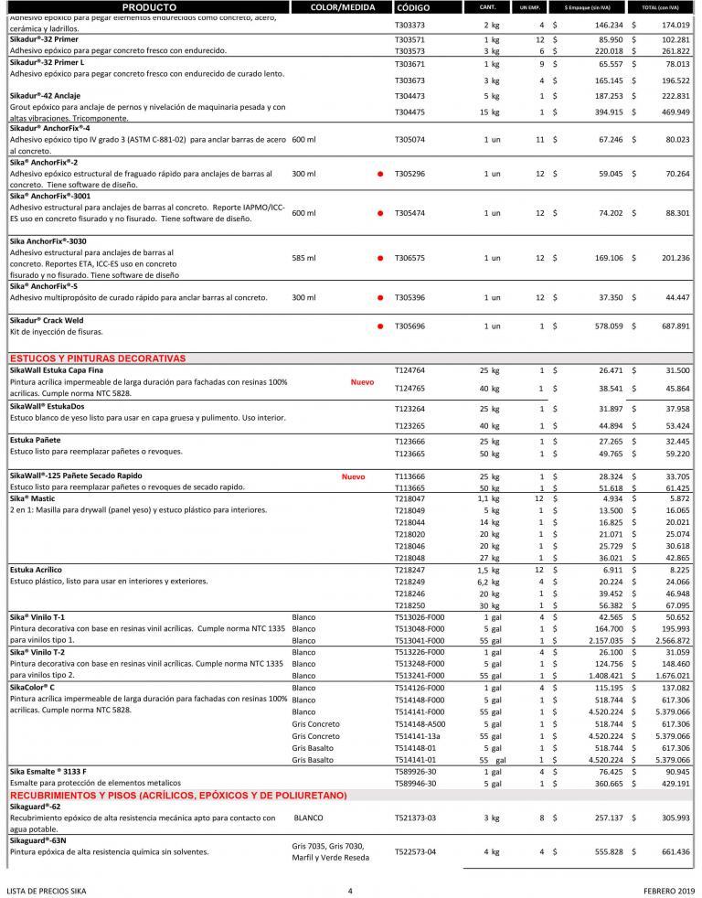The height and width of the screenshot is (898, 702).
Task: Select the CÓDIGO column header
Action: click(415, 6)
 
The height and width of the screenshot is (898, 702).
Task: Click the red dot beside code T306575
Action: click(378, 258)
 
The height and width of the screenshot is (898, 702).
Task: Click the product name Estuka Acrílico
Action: click(36, 570)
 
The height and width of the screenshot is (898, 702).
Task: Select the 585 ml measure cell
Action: click(303, 258)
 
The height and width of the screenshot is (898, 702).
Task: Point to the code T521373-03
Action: click(415, 816)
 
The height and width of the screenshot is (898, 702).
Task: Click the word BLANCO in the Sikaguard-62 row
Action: click(309, 816)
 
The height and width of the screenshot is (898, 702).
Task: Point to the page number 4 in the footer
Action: click(350, 890)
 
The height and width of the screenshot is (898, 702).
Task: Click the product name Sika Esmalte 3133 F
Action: click(54, 772)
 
